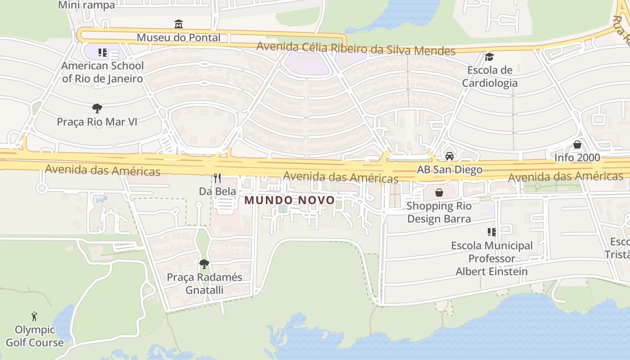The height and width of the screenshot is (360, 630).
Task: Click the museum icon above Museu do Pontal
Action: pos(179,24)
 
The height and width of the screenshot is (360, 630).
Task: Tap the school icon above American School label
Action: pos(103,53)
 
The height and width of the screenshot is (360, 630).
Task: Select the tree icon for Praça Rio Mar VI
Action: pos(97,108)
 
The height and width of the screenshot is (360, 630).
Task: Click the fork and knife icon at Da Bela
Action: pos(217,178)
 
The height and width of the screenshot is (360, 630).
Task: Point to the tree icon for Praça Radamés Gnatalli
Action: pos(204,264)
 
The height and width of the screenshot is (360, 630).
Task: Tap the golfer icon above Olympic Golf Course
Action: pos(34,316)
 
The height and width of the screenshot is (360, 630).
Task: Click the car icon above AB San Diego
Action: pos(449,156)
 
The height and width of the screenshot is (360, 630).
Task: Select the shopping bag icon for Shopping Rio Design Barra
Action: pos(439,193)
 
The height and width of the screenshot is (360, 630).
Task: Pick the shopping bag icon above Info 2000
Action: pos(577,144)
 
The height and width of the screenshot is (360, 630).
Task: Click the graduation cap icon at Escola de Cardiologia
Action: pos(489,57)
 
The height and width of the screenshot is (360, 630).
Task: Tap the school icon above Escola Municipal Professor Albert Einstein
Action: pos(491,232)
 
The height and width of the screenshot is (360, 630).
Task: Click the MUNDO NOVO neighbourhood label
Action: pos(289,200)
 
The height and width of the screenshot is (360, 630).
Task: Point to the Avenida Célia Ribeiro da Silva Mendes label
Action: pos(355,49)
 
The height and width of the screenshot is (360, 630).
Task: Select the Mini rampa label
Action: pos(87,5)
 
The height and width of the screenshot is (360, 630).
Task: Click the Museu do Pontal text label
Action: pos(179,37)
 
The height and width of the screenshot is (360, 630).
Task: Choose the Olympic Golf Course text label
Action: pos(35,336)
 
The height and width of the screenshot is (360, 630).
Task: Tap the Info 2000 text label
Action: pos(577,157)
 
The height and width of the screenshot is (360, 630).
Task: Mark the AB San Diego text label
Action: pos(450,170)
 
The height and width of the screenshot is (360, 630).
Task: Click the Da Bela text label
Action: pos(217,191)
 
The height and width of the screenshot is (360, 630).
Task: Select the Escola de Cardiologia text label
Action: pos(490,76)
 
